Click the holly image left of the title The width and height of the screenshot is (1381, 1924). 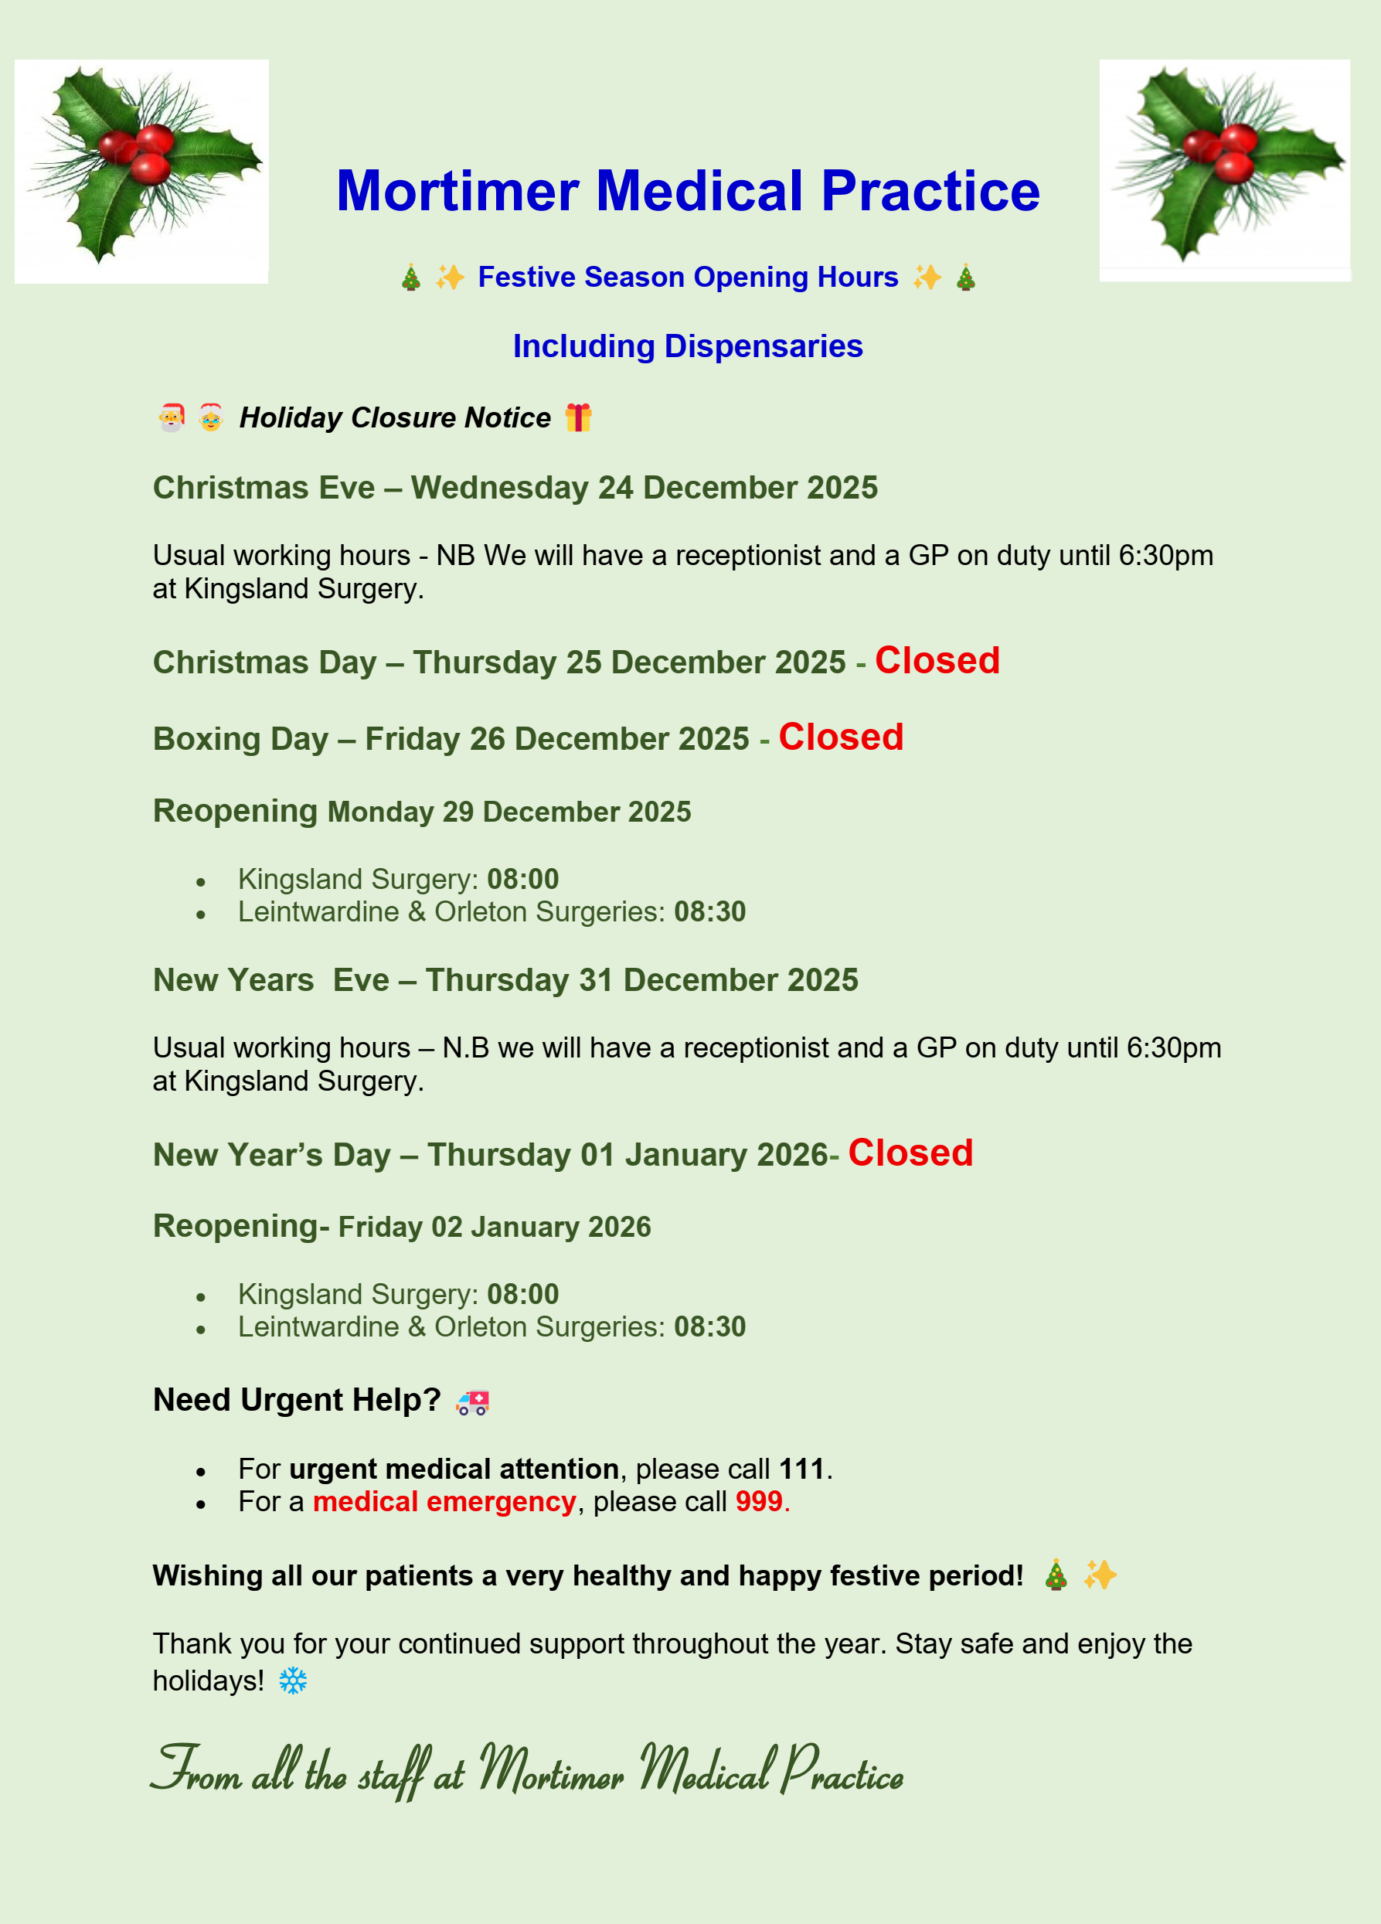pos(141,171)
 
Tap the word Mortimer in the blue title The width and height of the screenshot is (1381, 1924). pos(458,191)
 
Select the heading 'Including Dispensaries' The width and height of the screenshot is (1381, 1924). pos(688,346)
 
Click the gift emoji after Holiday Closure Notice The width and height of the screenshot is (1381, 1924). pos(579,417)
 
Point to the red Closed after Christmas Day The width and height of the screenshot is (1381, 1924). pos(937,661)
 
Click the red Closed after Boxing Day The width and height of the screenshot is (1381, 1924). pos(841,737)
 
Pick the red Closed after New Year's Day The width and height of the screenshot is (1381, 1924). pos(910,1153)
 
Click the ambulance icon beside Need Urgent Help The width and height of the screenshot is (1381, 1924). pos(472,1402)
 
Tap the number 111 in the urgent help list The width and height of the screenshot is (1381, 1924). pos(801,1469)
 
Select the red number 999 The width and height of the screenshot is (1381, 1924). pos(759,1501)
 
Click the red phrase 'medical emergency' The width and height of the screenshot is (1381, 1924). pos(444,1501)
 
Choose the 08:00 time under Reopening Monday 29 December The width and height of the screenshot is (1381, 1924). pos(522,879)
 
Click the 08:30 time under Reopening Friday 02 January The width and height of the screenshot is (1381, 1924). pos(710,1326)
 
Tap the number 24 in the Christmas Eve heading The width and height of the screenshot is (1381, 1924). pos(616,488)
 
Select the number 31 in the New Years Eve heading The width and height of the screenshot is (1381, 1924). pos(597,980)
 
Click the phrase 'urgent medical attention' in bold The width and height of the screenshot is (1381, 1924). pos(454,1469)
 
